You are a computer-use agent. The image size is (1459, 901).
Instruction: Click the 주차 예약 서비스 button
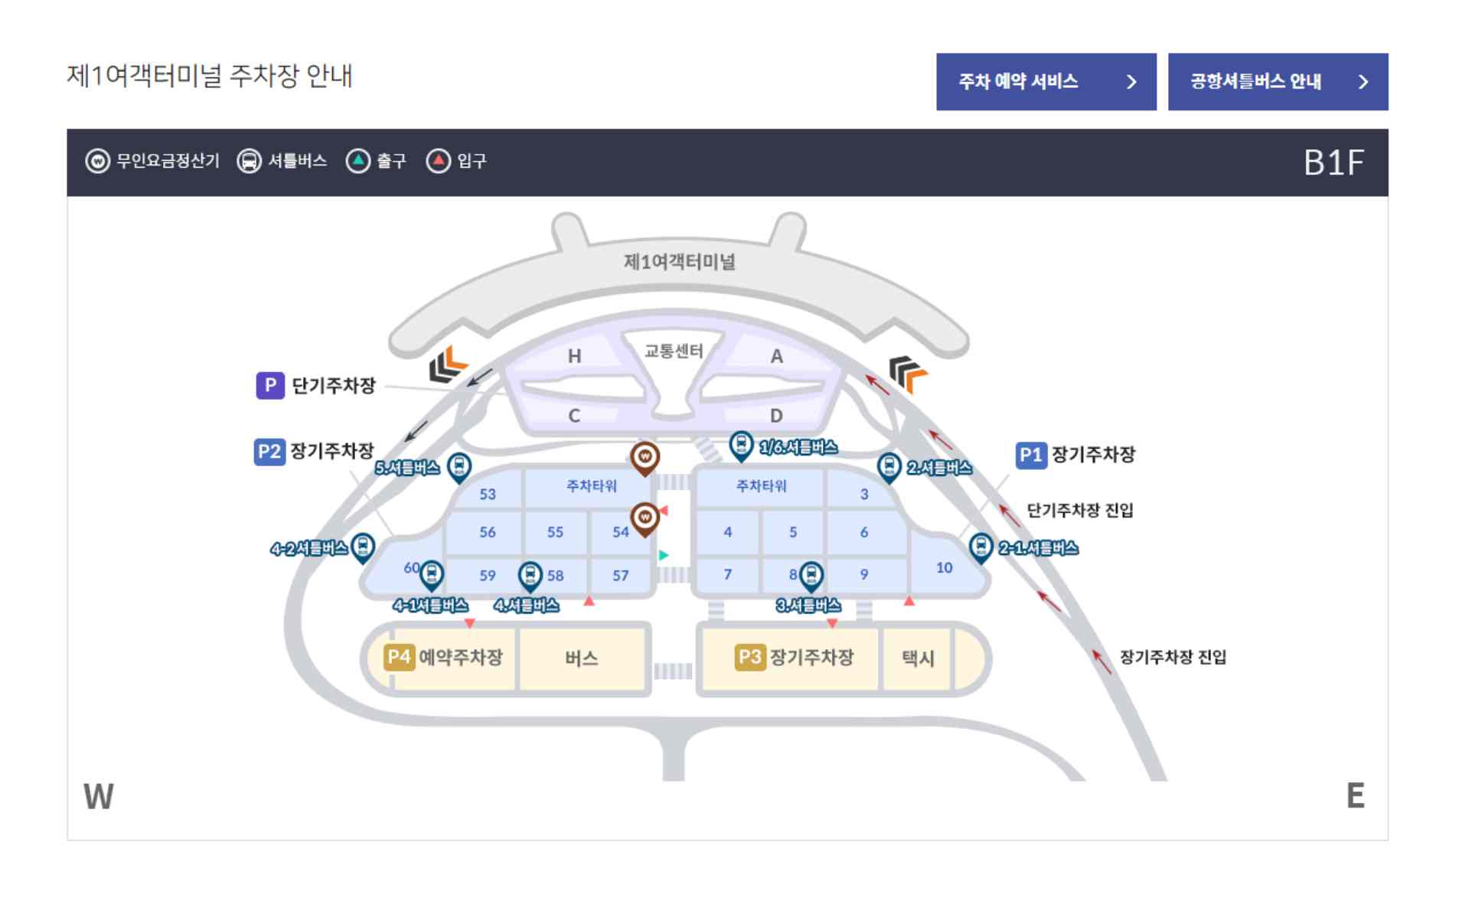click(1045, 82)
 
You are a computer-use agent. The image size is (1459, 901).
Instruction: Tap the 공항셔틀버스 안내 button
click(1277, 82)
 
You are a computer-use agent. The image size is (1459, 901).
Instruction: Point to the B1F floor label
click(1333, 163)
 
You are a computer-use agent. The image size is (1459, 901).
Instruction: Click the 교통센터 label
click(673, 351)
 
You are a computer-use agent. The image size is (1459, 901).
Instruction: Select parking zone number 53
click(488, 495)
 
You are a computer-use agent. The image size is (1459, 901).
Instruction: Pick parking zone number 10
click(944, 568)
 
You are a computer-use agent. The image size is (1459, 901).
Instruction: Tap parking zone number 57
click(620, 576)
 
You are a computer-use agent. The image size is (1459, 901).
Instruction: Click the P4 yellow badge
click(399, 658)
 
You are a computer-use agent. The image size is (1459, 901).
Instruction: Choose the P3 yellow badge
click(749, 658)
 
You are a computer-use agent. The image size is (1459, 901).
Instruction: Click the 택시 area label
click(918, 658)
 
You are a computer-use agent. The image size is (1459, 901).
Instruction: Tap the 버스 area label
click(581, 658)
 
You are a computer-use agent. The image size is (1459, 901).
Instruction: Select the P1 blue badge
click(1030, 455)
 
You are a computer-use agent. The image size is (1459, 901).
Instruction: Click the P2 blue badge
click(269, 452)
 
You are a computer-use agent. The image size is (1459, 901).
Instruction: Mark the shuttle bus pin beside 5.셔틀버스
click(459, 465)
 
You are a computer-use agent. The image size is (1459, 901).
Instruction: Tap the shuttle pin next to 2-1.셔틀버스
click(981, 547)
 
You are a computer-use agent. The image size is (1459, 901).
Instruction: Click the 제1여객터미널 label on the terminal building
click(679, 263)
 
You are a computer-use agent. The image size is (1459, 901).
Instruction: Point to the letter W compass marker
click(99, 797)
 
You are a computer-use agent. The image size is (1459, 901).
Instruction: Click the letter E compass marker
click(1355, 796)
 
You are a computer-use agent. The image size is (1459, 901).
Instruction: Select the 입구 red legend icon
click(438, 162)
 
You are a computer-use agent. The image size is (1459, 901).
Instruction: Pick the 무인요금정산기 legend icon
click(97, 162)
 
